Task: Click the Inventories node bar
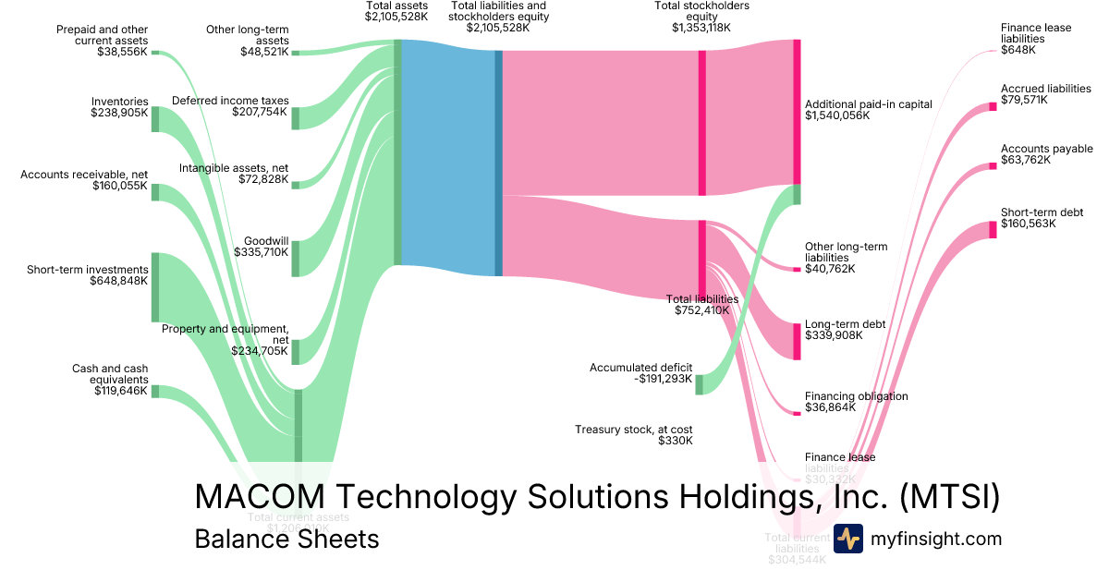[x=155, y=119]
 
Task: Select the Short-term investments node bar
[x=155, y=286]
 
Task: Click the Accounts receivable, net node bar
[x=155, y=192]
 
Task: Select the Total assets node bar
[x=397, y=152]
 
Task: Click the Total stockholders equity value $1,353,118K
[x=701, y=28]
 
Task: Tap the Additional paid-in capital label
[x=869, y=104]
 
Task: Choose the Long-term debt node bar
[x=797, y=341]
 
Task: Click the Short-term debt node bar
[x=993, y=230]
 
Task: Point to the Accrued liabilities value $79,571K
[x=1024, y=100]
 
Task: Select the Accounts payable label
[x=1046, y=149]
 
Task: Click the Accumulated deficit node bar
[x=699, y=384]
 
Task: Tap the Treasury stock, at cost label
[x=633, y=430]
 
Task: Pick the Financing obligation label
[x=856, y=396]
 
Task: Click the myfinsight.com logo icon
[x=847, y=539]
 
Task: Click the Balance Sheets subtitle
[x=286, y=539]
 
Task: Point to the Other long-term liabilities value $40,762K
[x=830, y=269]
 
